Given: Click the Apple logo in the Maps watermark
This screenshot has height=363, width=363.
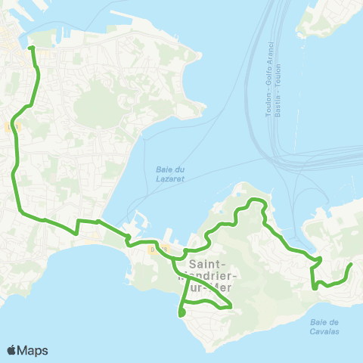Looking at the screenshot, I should tap(12, 350).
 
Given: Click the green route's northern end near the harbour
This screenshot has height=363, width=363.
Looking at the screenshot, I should tap(31, 48).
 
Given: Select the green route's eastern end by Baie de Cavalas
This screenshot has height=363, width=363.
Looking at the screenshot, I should tap(351, 265).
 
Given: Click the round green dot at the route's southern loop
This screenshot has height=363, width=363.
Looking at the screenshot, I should tap(181, 313).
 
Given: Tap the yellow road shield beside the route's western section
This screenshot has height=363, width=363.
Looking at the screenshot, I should tap(10, 129).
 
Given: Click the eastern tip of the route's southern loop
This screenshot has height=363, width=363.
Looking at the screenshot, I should tap(231, 306).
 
